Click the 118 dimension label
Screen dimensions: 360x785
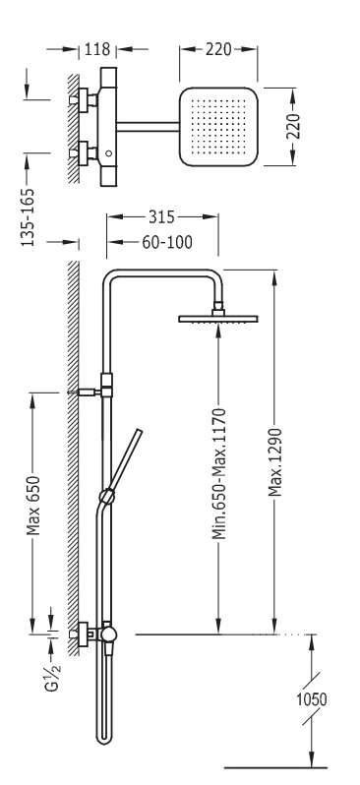pos(97,49)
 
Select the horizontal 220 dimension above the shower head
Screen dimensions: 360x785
pos(218,49)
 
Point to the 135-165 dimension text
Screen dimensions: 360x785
pos(28,217)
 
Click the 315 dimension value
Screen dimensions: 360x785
pos(161,216)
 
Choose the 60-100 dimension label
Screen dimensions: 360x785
pos(167,242)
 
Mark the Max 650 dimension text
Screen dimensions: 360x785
pos(33,506)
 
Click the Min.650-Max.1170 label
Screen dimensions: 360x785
pos(218,474)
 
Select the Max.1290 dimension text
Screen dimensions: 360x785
pos(274,462)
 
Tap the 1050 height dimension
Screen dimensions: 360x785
pos(312,699)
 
